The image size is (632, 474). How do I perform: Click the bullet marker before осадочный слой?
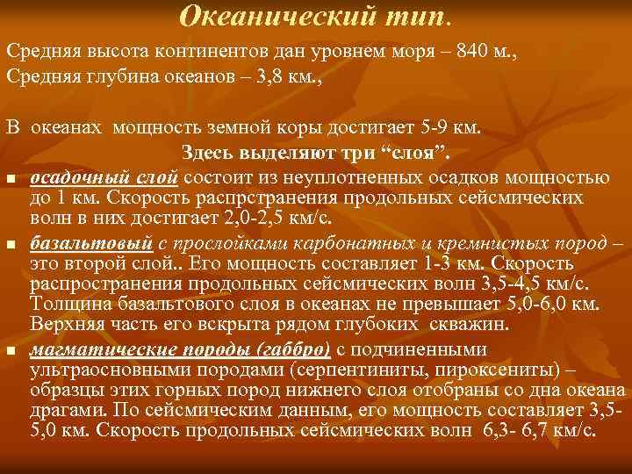11,179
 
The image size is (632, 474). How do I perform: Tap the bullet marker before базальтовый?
11,243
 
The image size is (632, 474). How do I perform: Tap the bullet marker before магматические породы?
11,350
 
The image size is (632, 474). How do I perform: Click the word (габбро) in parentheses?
293,348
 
